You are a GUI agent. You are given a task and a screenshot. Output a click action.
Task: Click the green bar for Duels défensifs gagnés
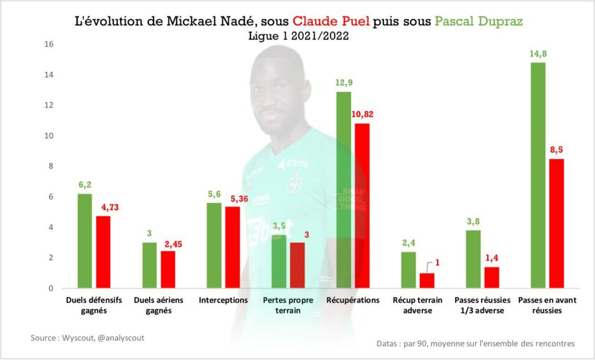(85, 241)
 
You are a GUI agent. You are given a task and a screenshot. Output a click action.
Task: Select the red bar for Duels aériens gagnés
(168, 269)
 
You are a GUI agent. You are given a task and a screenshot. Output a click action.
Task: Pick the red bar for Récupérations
(362, 206)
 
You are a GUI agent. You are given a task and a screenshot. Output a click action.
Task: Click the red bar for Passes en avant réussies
(557, 224)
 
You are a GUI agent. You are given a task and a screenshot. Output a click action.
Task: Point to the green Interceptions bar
(214, 246)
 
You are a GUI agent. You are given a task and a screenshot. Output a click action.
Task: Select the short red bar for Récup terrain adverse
(427, 280)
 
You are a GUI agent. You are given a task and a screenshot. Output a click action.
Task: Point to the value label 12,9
(344, 82)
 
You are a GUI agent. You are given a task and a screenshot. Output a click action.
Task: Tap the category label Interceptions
(223, 300)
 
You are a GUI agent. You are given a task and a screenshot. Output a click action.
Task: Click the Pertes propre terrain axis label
(288, 305)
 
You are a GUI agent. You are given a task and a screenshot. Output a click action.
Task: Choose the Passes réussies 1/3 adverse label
(482, 305)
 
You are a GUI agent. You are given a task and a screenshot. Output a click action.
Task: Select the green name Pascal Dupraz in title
(478, 22)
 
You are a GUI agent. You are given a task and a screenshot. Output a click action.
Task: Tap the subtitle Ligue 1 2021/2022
(298, 36)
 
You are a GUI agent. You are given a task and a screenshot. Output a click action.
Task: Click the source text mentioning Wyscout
(88, 337)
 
